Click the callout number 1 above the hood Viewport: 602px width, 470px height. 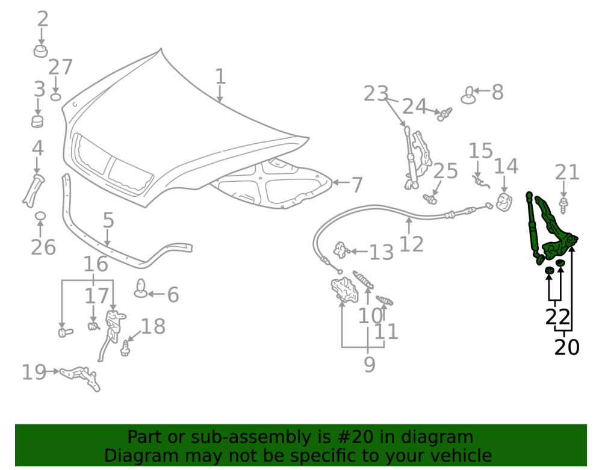pyautogui.click(x=220, y=76)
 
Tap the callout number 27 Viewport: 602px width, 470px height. pyautogui.click(x=60, y=67)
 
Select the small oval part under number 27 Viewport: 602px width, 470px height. pyautogui.click(x=55, y=96)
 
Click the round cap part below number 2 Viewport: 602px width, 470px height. pyautogui.click(x=40, y=51)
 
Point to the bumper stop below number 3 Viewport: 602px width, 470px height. pyautogui.click(x=37, y=121)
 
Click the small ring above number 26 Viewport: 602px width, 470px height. pyautogui.click(x=40, y=216)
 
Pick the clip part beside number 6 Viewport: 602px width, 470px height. pyautogui.click(x=140, y=288)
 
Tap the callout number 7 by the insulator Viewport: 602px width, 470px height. pyautogui.click(x=357, y=185)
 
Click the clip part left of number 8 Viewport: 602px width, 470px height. pyautogui.click(x=468, y=96)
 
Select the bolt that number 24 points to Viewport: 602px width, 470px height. pyautogui.click(x=445, y=114)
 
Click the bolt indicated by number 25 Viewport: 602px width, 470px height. pyautogui.click(x=430, y=199)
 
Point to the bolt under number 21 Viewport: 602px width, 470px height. pyautogui.click(x=563, y=206)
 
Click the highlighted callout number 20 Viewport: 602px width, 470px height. pyautogui.click(x=566, y=347)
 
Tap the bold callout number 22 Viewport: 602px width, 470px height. pyautogui.click(x=558, y=318)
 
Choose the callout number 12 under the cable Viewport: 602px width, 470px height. pyautogui.click(x=411, y=244)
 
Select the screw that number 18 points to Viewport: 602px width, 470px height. pyautogui.click(x=125, y=348)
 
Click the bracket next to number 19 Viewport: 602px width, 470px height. pyautogui.click(x=81, y=377)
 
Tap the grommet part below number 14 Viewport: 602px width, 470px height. pyautogui.click(x=504, y=202)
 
